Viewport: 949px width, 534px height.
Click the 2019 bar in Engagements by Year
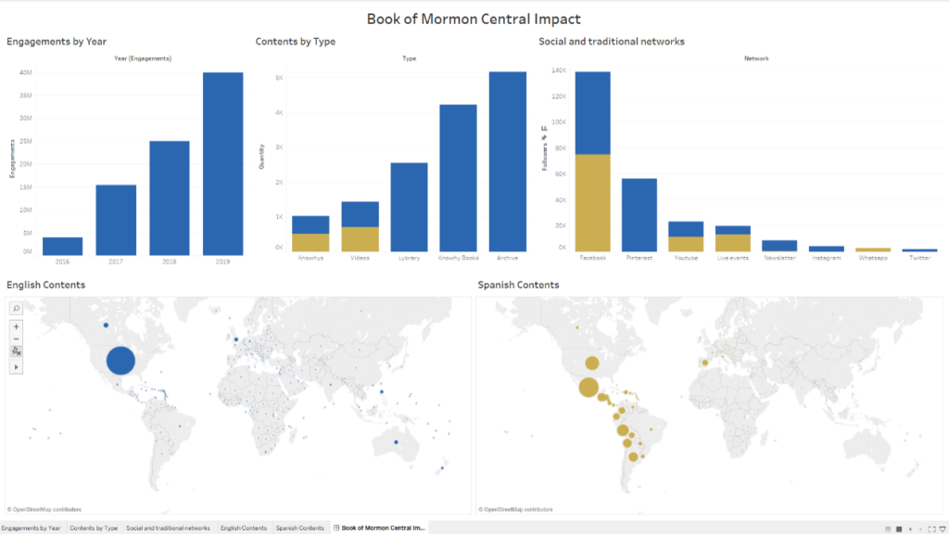[x=223, y=163]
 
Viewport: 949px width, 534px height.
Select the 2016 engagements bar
[x=62, y=246]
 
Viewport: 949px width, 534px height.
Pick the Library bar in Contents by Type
[x=409, y=207]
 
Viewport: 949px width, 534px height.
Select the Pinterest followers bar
[x=639, y=214]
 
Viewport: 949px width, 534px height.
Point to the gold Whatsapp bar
[x=873, y=249]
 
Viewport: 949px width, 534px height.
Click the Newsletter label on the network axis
[x=779, y=258]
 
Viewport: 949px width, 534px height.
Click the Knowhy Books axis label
[x=458, y=258]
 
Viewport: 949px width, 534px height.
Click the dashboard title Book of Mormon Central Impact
[x=474, y=19]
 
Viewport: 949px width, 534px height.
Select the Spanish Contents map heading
[x=518, y=285]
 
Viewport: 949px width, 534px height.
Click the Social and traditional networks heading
[x=611, y=42]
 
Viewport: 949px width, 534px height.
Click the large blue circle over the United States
[x=120, y=361]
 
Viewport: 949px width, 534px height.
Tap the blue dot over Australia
[x=396, y=442]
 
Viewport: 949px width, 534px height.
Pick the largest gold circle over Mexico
[x=588, y=388]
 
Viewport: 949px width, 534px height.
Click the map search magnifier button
[x=17, y=308]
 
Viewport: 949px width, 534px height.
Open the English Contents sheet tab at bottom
[x=243, y=528]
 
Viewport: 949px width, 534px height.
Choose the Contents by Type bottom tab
[x=94, y=528]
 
